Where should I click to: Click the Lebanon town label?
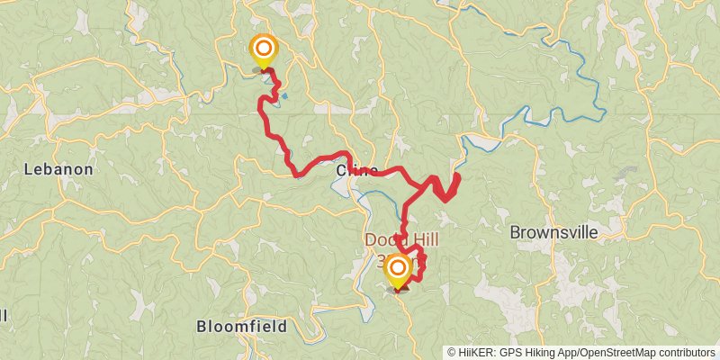(x=58, y=169)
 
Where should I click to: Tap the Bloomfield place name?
(x=242, y=326)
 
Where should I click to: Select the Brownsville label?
(x=553, y=232)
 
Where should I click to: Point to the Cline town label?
(x=356, y=170)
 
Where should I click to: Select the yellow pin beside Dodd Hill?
(x=397, y=268)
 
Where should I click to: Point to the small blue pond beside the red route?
(x=284, y=95)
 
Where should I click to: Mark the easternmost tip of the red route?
(x=458, y=177)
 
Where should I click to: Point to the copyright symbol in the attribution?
(x=453, y=353)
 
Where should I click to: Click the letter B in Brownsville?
(x=515, y=232)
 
